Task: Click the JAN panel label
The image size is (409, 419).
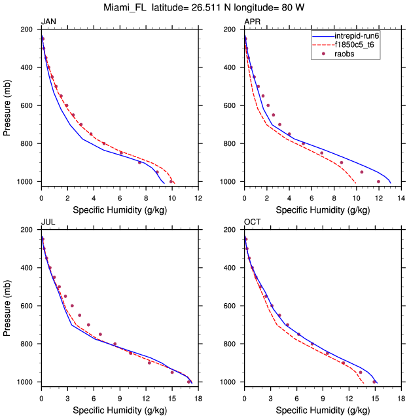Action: pos(48,22)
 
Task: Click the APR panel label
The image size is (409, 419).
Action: pos(251,22)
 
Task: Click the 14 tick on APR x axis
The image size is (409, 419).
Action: pos(400,196)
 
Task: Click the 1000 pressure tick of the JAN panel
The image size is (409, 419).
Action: pos(27,181)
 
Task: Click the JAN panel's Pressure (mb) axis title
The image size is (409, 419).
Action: pos(7,105)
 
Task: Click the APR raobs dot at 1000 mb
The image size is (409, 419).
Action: pos(378,181)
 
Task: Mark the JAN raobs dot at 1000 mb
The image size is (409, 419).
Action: pos(171,181)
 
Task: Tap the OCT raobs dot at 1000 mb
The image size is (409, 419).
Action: pos(374,382)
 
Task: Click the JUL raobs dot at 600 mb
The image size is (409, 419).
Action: pos(72,306)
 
